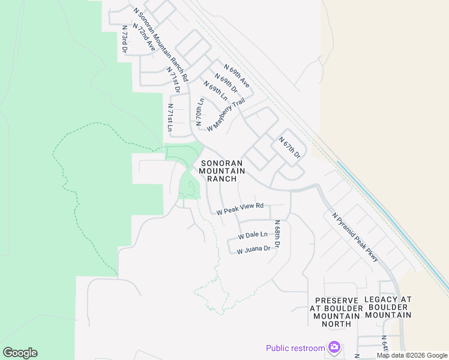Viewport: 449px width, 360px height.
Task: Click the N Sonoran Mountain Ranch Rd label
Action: point(161,45)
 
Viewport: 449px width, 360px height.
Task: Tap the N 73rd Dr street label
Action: point(124,40)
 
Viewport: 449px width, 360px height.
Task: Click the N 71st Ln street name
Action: point(170,118)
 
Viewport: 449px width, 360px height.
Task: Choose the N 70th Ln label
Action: point(200,112)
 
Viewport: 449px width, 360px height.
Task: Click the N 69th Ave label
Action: point(237,76)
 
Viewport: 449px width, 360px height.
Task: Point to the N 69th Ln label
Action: point(215,89)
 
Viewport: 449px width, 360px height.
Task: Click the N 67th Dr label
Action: point(289,148)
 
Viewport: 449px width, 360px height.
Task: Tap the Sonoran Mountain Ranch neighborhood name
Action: point(222,171)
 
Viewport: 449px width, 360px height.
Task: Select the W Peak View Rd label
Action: point(240,209)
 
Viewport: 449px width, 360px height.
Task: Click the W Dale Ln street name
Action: point(253,235)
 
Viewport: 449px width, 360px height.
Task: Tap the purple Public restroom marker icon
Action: point(334,347)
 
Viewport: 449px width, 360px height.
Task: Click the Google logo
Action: point(20,353)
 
